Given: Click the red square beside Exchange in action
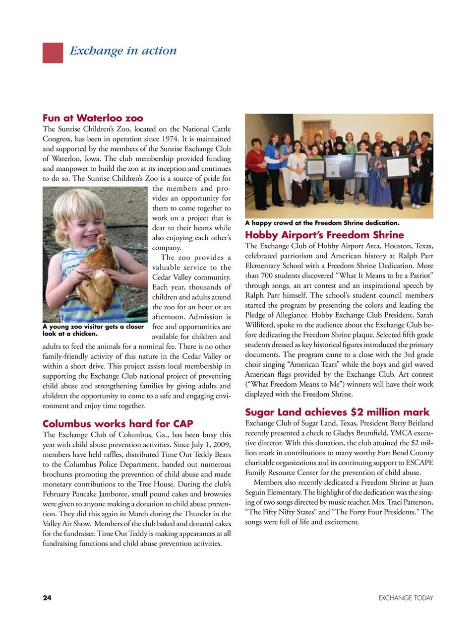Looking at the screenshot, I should [53, 53].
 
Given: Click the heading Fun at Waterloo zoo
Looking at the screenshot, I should [93, 118].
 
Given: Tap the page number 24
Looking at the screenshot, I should [47, 598].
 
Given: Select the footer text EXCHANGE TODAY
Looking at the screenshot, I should [406, 598].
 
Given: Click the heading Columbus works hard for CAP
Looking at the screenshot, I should [118, 423].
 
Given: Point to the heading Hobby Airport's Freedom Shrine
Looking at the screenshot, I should [324, 235].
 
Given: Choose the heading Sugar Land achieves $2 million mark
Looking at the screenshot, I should [337, 412].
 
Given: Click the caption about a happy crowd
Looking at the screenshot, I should [322, 223].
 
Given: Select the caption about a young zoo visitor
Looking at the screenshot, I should [93, 330].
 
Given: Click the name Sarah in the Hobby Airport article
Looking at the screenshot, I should [422, 315].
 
